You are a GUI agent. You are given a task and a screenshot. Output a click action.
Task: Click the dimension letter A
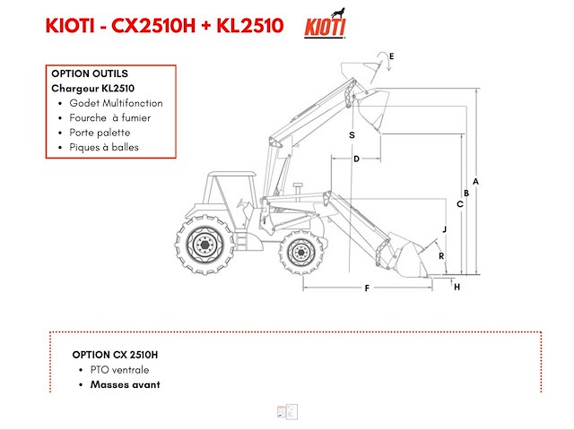click(476, 181)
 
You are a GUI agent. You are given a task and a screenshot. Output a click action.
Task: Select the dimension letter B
click(467, 193)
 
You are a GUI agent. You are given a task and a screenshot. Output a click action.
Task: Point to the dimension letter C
click(459, 204)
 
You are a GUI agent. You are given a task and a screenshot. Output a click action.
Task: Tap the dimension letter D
click(356, 159)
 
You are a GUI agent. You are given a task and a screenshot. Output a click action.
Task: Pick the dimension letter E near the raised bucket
click(391, 56)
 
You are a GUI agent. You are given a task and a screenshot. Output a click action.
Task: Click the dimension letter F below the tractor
click(367, 288)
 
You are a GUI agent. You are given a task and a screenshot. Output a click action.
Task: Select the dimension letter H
click(457, 287)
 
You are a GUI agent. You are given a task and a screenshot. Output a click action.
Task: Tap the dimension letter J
click(443, 230)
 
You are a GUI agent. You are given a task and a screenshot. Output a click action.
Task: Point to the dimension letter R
click(440, 256)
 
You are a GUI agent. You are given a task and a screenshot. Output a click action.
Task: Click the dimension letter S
click(352, 134)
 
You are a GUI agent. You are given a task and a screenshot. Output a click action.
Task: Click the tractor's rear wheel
click(205, 243)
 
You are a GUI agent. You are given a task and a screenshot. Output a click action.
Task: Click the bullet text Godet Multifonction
click(116, 103)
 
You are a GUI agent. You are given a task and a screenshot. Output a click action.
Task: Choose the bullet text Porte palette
click(100, 133)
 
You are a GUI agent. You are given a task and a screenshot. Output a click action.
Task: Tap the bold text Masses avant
click(125, 384)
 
